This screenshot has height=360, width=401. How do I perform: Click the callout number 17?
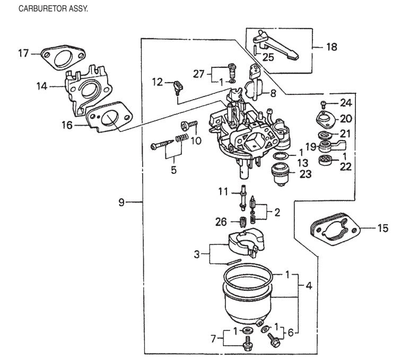(x=24, y=54)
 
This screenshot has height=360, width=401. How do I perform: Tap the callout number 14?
(x=42, y=85)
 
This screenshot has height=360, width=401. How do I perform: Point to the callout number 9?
(x=122, y=202)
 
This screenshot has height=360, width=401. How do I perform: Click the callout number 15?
(x=382, y=229)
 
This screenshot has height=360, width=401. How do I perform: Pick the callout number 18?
(x=331, y=47)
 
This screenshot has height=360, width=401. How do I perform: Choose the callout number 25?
(x=268, y=57)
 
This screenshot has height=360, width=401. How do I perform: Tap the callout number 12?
(x=157, y=82)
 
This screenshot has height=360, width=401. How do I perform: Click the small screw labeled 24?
(x=324, y=102)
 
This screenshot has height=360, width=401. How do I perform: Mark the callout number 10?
(x=196, y=141)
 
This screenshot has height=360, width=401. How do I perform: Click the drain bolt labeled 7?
(x=247, y=345)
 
